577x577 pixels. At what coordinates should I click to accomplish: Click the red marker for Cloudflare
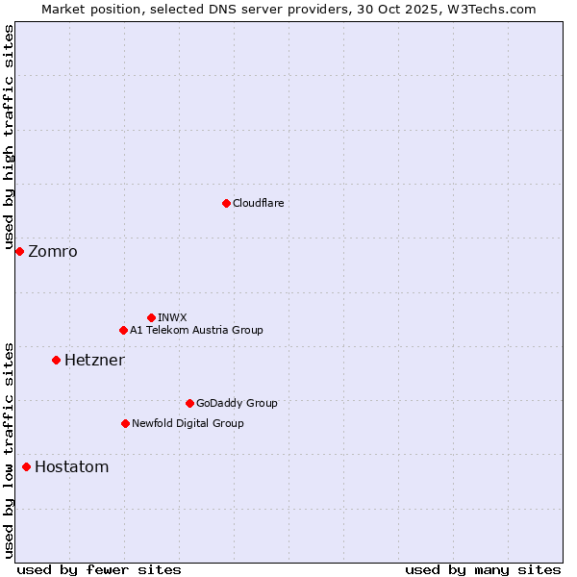tap(226, 203)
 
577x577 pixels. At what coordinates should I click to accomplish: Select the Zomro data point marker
tap(19, 251)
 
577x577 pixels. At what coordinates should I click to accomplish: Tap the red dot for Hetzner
tap(56, 360)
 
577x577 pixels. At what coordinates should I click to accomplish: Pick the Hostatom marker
tap(26, 466)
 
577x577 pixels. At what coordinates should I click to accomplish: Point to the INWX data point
tap(151, 317)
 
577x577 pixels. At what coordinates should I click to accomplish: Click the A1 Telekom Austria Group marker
tap(123, 330)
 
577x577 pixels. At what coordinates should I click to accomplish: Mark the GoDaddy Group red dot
tap(189, 403)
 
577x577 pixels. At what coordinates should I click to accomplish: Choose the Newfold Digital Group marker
tap(125, 423)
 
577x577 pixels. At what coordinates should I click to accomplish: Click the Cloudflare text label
tap(258, 203)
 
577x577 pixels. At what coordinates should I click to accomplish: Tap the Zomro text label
tap(53, 252)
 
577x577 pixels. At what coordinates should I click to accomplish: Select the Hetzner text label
tap(94, 361)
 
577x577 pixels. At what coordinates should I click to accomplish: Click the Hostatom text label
tap(71, 467)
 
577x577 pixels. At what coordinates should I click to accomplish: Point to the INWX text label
tap(172, 317)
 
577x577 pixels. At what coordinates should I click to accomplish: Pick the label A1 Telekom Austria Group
tap(196, 330)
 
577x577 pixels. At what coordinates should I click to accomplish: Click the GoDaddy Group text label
tap(237, 403)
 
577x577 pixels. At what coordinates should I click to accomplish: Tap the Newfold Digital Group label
tap(188, 423)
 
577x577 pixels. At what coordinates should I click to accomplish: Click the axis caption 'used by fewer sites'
tap(99, 569)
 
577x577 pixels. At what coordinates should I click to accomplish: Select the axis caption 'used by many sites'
tap(483, 569)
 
